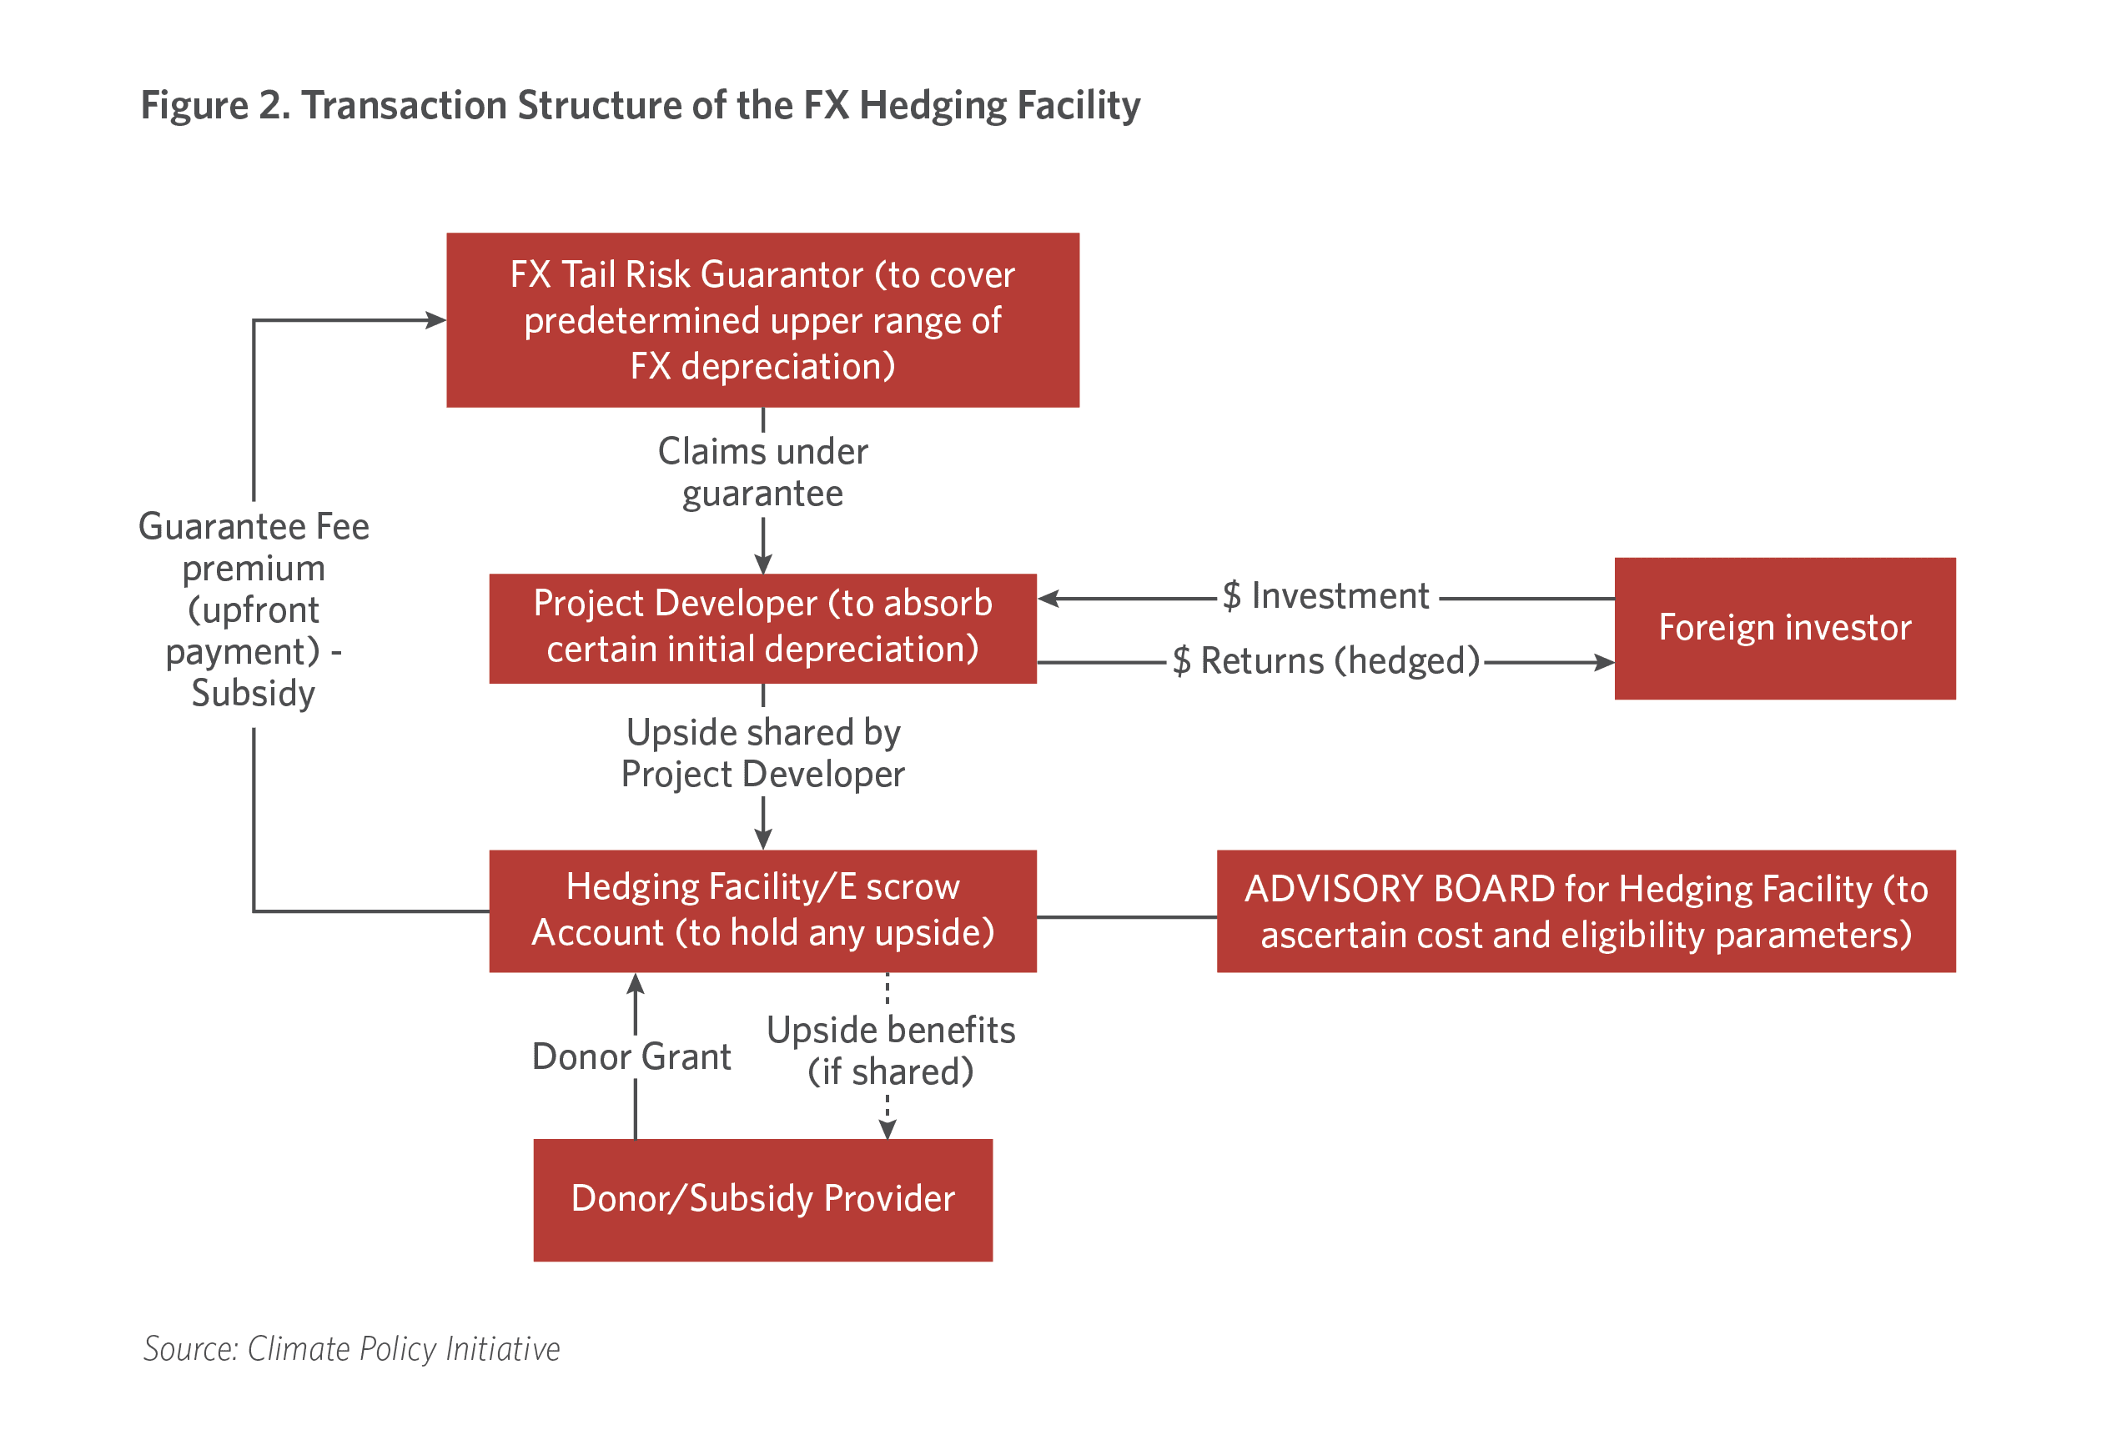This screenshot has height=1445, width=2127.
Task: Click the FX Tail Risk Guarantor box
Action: [x=762, y=319]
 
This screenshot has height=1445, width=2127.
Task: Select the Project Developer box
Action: [x=762, y=628]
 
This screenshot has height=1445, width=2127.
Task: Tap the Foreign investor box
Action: [x=1785, y=628]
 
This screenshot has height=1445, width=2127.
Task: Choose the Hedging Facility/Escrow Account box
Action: [x=762, y=911]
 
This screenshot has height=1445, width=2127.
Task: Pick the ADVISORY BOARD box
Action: [x=1586, y=911]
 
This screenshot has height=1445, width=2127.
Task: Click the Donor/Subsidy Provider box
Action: [x=762, y=1200]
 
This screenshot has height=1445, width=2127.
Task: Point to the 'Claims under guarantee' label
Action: [x=762, y=472]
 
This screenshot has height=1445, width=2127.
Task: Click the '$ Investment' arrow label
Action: [x=1325, y=595]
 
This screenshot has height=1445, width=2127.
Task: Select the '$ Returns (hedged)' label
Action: [x=1326, y=660]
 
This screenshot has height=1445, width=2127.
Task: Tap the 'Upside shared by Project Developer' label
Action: [x=762, y=753]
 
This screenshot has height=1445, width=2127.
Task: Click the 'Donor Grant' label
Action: [x=631, y=1057]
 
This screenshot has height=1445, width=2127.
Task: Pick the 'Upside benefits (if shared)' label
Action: [x=891, y=1051]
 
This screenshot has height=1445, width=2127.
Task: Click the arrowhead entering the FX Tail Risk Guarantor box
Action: [x=436, y=320]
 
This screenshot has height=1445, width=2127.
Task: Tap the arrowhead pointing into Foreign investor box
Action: [x=1604, y=662]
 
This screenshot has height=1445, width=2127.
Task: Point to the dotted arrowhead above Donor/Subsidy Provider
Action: [x=887, y=1129]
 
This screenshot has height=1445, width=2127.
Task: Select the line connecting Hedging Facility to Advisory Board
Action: [x=1127, y=917]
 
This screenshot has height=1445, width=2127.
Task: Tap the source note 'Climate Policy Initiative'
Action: [x=404, y=1350]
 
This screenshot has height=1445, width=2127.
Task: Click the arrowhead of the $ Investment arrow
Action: [x=1048, y=599]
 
